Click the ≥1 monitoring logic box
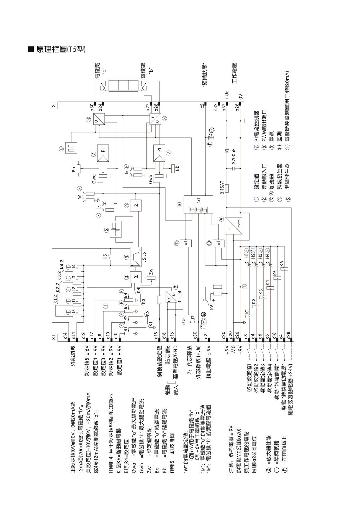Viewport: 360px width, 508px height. pyautogui.click(x=198, y=204)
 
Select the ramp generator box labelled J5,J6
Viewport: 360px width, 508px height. pyautogui.click(x=136, y=256)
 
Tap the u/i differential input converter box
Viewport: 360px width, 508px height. pyautogui.click(x=173, y=297)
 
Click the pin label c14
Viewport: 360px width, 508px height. pyautogui.click(x=65, y=336)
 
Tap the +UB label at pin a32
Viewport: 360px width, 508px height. pyautogui.click(x=227, y=95)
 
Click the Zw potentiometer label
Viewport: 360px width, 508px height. pyautogui.click(x=151, y=272)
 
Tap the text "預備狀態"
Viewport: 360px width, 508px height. pyautogui.click(x=205, y=75)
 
